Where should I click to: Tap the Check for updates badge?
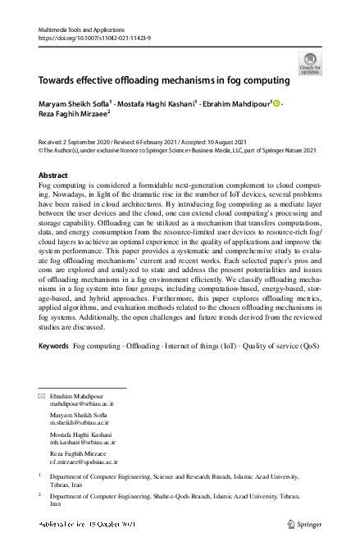[x=310, y=63]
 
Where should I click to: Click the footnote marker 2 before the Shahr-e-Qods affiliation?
[x=40, y=494]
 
